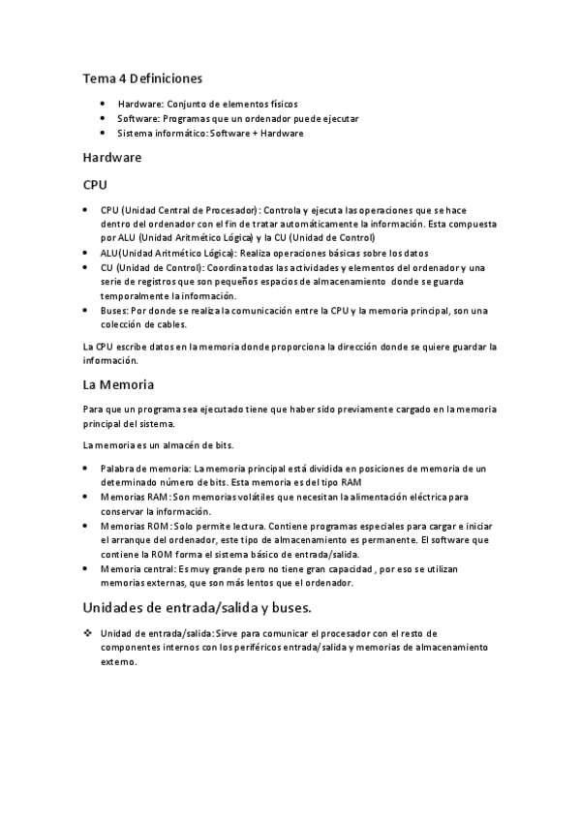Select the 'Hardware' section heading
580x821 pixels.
point(112,157)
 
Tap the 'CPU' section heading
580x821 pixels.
point(95,183)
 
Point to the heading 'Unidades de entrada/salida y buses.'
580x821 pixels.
point(197,608)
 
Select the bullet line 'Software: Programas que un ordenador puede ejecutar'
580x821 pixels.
point(237,118)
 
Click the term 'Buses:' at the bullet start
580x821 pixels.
point(114,310)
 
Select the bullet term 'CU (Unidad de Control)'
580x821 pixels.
point(152,266)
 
